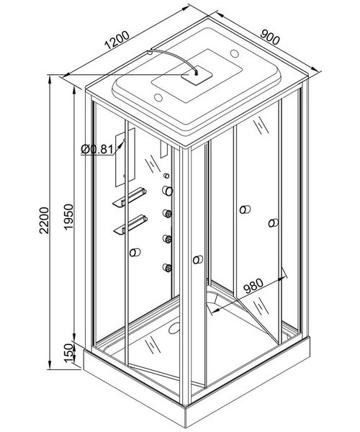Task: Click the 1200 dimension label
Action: pos(117,40)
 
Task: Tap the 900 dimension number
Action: pos(270,37)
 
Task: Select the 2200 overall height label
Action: pos(44,220)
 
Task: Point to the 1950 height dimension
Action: pos(68,217)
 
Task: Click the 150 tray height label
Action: pos(70,354)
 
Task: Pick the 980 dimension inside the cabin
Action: pos(253,286)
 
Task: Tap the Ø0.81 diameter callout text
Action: pos(97,150)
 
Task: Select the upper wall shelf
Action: pos(130,197)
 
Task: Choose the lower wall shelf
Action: pos(130,225)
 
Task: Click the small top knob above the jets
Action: pos(166,176)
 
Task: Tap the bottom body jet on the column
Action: pos(167,268)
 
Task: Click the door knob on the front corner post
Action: pos(198,259)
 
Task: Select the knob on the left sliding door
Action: pos(135,252)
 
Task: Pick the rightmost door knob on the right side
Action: pos(273,222)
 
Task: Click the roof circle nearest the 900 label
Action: pos(235,53)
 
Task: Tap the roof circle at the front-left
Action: pos(158,97)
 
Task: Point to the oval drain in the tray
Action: pos(174,328)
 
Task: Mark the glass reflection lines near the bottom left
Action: pos(152,345)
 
